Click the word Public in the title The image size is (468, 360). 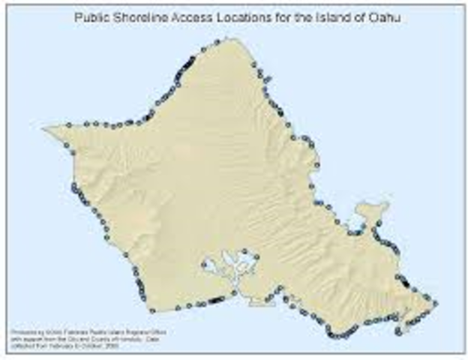(92, 15)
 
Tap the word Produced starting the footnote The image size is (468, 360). (23, 331)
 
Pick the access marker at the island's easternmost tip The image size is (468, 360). (436, 304)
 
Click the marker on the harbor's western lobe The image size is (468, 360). (204, 263)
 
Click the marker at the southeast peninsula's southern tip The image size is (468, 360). (397, 331)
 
